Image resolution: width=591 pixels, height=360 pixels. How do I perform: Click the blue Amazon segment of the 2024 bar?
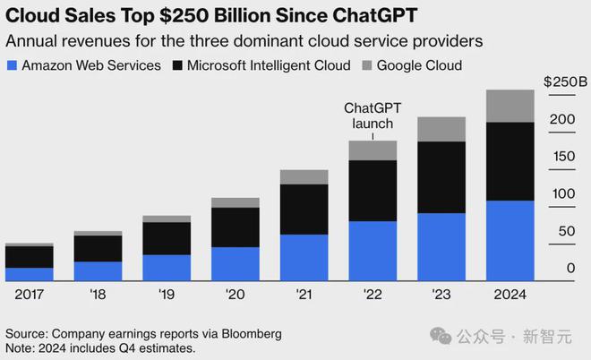510,240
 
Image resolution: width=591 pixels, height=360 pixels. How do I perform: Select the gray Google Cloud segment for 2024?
510,106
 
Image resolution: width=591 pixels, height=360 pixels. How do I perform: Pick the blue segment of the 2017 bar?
29,274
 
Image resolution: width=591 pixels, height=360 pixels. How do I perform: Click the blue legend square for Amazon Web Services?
12,65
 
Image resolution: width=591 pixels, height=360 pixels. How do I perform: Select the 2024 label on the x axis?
510,294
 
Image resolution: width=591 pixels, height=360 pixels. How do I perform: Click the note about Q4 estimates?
100,347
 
